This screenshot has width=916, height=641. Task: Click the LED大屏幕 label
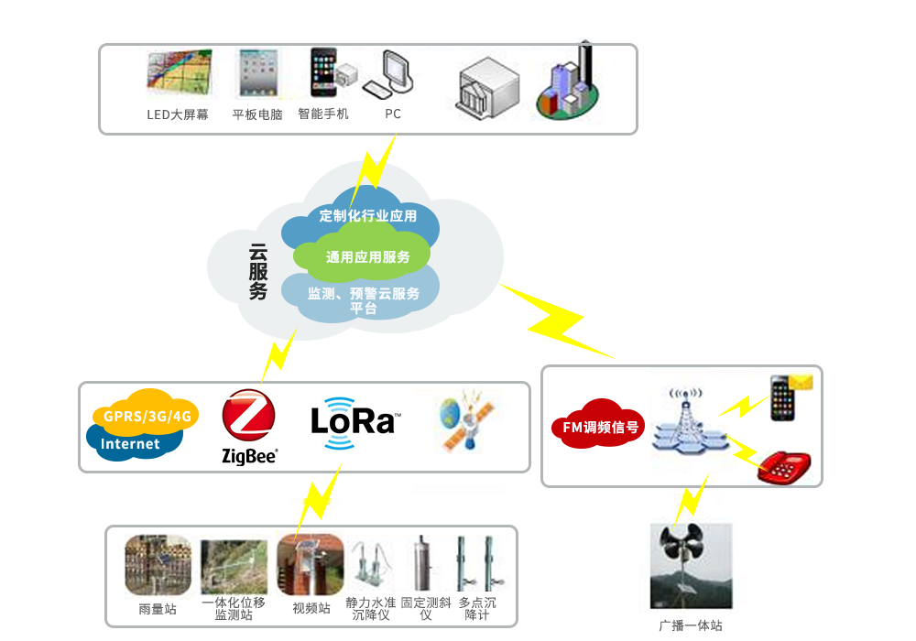178,114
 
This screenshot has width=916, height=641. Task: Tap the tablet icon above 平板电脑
257,73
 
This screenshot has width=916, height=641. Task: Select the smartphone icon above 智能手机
322,72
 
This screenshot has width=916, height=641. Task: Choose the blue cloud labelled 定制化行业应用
367,216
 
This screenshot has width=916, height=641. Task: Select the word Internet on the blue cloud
130,444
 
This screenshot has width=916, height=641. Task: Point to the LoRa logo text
353,421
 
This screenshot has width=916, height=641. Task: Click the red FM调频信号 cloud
598,426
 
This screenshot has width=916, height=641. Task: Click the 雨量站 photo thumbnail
158,565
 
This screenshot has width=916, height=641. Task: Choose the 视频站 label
311,608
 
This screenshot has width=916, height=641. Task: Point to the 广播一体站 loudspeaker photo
691,564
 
